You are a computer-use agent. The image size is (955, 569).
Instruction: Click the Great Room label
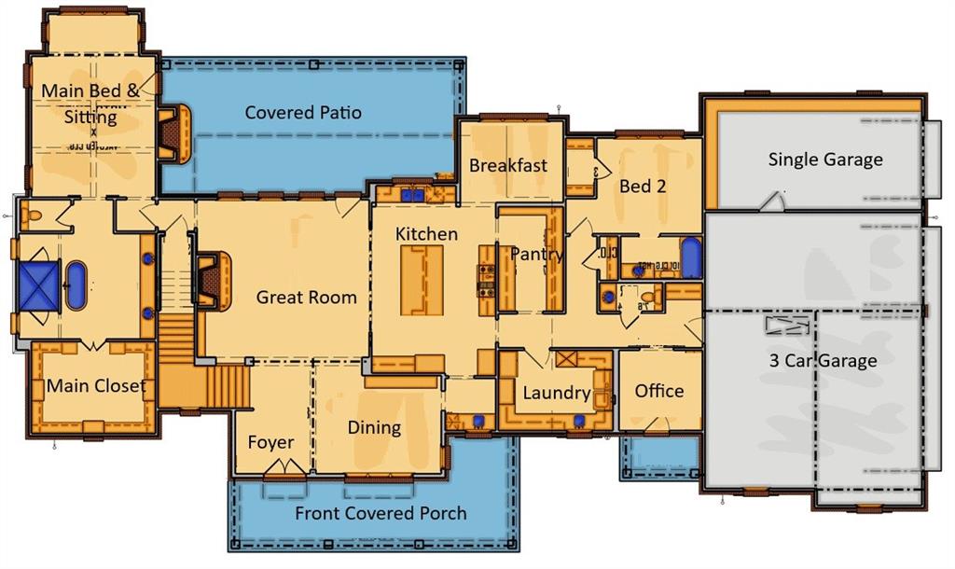pyautogui.click(x=307, y=298)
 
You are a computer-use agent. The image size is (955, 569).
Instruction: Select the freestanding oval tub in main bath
pyautogui.click(x=76, y=285)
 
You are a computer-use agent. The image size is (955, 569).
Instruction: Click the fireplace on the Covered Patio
pyautogui.click(x=173, y=132)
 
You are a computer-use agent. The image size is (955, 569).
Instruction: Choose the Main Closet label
pyautogui.click(x=96, y=385)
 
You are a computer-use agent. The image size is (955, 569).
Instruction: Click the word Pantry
pyautogui.click(x=536, y=254)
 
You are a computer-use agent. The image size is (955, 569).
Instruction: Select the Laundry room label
pyautogui.click(x=556, y=393)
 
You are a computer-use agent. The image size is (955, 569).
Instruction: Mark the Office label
pyautogui.click(x=659, y=391)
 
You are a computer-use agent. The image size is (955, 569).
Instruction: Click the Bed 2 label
pyautogui.click(x=643, y=186)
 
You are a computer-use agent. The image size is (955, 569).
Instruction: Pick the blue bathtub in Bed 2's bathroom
pyautogui.click(x=690, y=258)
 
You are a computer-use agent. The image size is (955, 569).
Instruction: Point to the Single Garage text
pyautogui.click(x=824, y=160)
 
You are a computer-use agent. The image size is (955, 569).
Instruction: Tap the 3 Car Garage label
pyautogui.click(x=821, y=360)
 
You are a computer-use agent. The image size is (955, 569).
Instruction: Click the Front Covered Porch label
pyautogui.click(x=381, y=513)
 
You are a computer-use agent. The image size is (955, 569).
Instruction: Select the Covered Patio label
pyautogui.click(x=303, y=113)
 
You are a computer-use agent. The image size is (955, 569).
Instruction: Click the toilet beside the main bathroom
pyautogui.click(x=35, y=215)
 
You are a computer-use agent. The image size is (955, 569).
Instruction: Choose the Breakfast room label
pyautogui.click(x=508, y=165)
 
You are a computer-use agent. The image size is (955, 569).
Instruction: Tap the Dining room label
pyautogui.click(x=374, y=427)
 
